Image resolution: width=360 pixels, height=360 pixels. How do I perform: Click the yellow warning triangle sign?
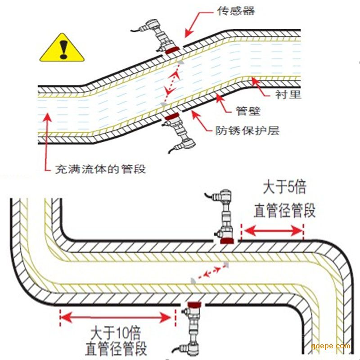pyautogui.click(x=63, y=49)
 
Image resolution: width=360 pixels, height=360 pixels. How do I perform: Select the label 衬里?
pyautogui.click(x=288, y=94)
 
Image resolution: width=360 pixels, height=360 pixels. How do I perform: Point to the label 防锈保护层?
pyautogui.click(x=247, y=130)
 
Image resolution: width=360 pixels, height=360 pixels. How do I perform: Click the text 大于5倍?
pyautogui.click(x=284, y=187)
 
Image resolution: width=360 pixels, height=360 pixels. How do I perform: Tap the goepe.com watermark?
pyautogui.click(x=330, y=346)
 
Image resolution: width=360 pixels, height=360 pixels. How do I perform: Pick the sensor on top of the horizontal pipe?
pyautogui.click(x=225, y=216)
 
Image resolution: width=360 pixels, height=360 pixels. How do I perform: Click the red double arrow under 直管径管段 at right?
pyautogui.click(x=272, y=231)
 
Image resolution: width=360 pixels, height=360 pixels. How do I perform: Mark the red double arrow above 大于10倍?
pyautogui.click(x=116, y=317)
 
